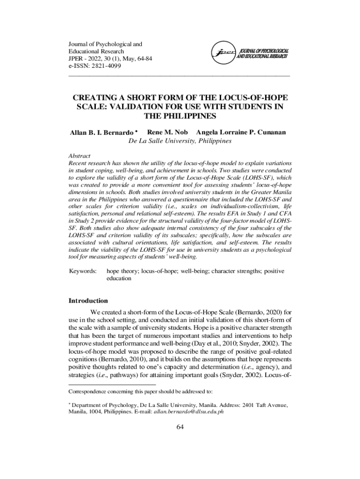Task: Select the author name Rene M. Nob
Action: pos(167,132)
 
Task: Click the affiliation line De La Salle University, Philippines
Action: pos(180,140)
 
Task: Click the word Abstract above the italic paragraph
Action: pos(79,156)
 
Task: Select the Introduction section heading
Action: pos(88,301)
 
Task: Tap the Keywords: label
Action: pos(83,271)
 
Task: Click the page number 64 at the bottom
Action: pos(180,427)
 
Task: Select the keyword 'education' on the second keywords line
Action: pos(119,278)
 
